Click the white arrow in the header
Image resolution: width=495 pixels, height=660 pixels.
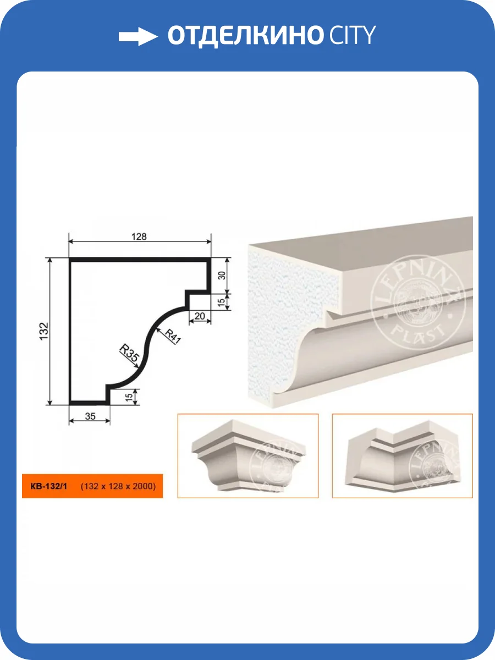pyautogui.click(x=138, y=37)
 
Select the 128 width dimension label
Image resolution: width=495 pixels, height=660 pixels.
pyautogui.click(x=139, y=237)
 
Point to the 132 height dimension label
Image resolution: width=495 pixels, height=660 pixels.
pyautogui.click(x=44, y=331)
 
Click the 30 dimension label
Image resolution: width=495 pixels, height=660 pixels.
pyautogui.click(x=222, y=275)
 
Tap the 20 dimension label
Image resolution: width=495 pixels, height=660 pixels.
pyautogui.click(x=200, y=316)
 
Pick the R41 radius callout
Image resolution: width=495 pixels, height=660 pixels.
pyautogui.click(x=173, y=337)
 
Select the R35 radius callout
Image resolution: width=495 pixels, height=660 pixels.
pyautogui.click(x=129, y=353)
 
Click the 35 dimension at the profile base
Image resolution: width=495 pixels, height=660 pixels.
pyautogui.click(x=90, y=416)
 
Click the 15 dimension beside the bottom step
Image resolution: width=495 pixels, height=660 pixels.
pyautogui.click(x=129, y=397)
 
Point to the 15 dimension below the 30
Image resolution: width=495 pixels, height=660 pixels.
pyautogui.click(x=221, y=302)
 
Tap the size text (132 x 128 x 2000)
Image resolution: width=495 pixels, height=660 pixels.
pyautogui.click(x=118, y=486)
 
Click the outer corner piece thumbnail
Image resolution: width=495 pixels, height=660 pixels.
pyautogui.click(x=248, y=455)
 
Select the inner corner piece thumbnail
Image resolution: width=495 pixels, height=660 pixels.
pyautogui.click(x=402, y=455)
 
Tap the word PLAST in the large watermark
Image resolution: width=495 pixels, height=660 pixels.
pyautogui.click(x=419, y=332)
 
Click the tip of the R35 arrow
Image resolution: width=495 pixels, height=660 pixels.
pyautogui.click(x=139, y=367)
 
